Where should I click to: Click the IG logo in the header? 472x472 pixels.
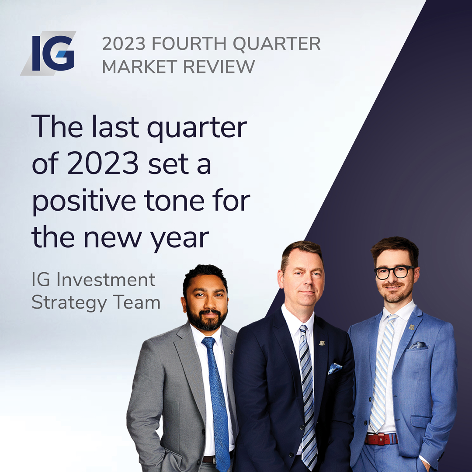48,53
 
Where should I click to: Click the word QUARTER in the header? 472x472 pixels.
277,44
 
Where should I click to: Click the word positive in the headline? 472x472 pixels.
84,201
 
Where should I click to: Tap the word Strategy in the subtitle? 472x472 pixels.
69,302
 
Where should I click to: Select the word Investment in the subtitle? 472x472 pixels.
106,280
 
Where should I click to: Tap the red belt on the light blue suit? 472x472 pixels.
382,439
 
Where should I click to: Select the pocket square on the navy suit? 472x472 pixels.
335,368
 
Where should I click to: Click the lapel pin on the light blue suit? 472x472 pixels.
412,327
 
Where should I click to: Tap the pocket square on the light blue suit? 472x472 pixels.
418,345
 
